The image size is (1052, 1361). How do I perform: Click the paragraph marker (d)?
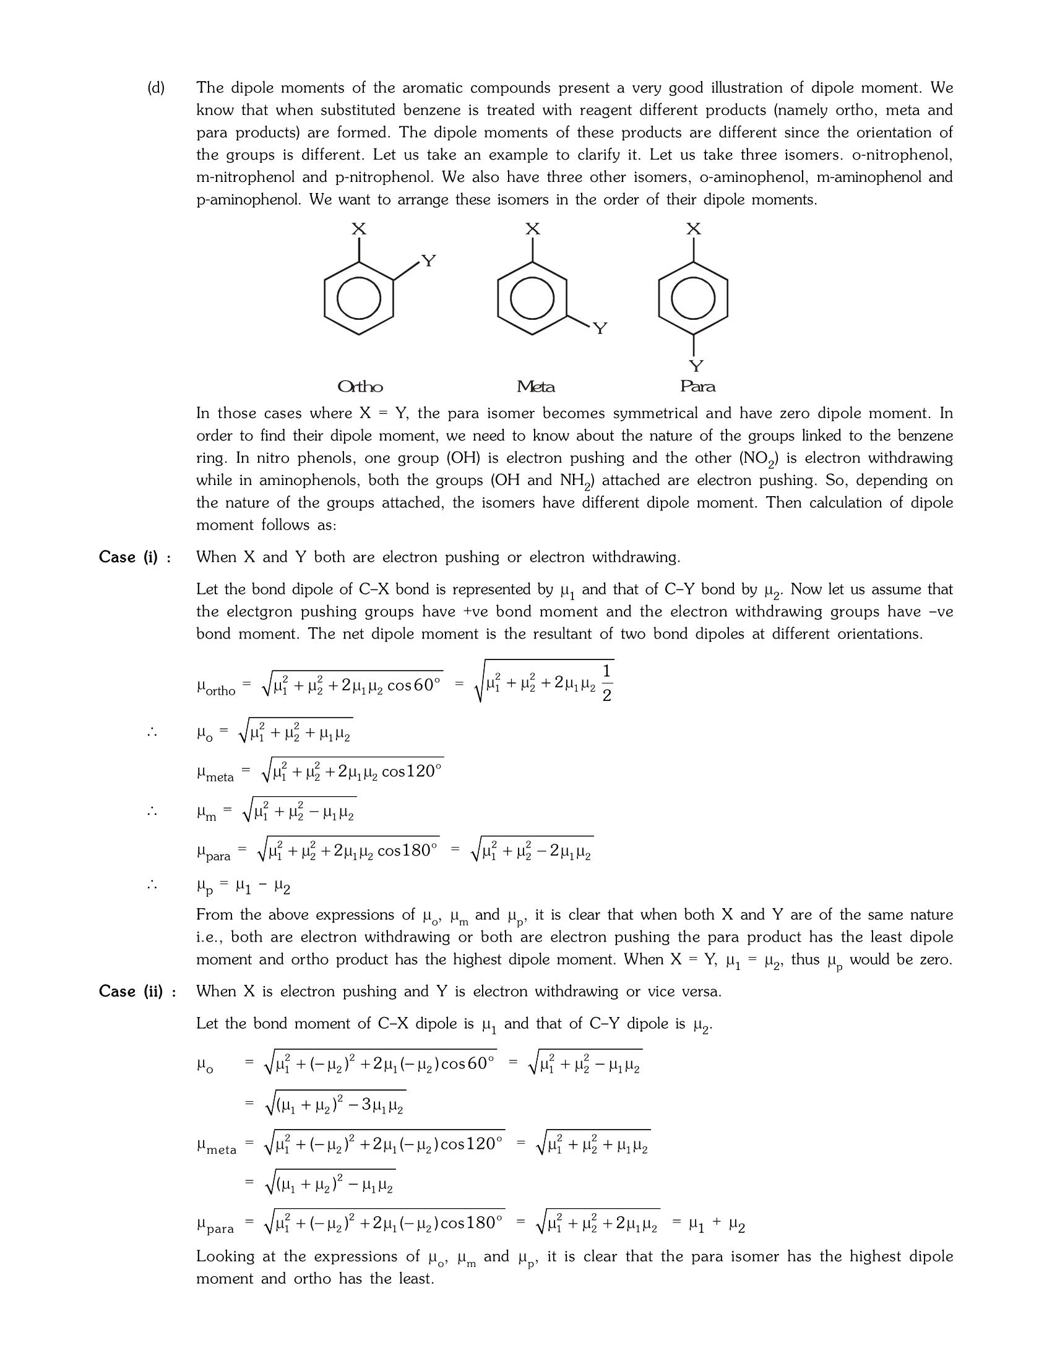coord(156,88)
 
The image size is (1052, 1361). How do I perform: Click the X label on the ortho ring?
coord(358,230)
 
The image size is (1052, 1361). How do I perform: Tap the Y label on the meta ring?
coord(600,328)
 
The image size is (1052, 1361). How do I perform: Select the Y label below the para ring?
coord(696,366)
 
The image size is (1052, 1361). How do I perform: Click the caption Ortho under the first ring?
coord(360,387)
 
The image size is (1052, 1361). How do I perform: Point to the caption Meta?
coord(535,387)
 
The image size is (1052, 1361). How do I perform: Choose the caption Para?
coord(697,387)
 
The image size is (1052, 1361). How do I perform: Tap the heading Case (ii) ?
coord(137,992)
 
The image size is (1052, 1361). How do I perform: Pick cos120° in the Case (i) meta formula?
coord(412,772)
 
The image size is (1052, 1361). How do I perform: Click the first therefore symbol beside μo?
coord(152,733)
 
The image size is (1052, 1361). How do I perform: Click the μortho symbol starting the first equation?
coord(215,688)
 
